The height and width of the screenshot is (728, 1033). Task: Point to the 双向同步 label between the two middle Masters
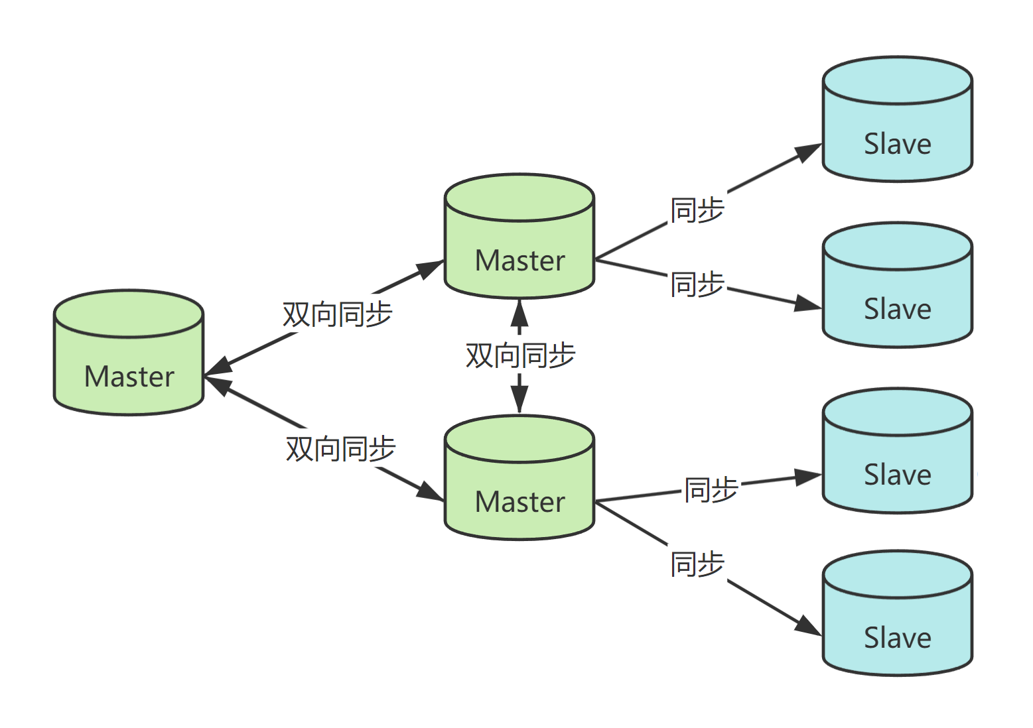click(x=520, y=356)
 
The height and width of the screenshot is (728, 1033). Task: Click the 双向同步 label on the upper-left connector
click(x=338, y=314)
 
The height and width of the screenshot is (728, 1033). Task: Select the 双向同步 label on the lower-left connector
click(x=341, y=449)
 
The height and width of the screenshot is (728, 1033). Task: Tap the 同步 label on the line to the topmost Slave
click(x=697, y=210)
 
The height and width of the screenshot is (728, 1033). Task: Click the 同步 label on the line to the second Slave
click(x=697, y=284)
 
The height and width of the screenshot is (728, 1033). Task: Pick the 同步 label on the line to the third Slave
click(x=711, y=489)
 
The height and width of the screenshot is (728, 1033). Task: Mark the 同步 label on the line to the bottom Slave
click(x=697, y=564)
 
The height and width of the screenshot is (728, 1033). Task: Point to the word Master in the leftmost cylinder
click(x=129, y=377)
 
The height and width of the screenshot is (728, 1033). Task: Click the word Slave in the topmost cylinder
click(x=898, y=144)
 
